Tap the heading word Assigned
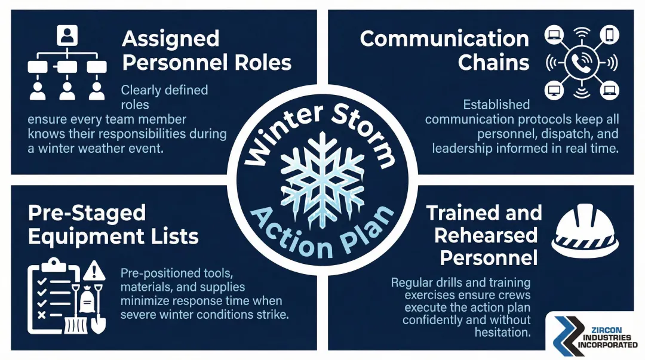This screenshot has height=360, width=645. coord(171,39)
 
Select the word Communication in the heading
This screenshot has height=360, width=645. coord(444,39)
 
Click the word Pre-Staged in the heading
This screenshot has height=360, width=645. coord(78,213)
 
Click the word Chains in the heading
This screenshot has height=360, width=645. coord(493,63)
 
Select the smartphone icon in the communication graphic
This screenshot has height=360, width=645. coord(609,35)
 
